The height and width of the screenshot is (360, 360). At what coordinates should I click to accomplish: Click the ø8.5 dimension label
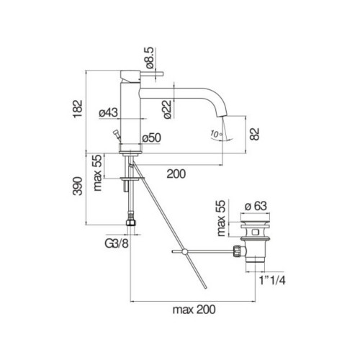point(149,58)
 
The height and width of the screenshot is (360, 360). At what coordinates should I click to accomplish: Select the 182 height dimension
point(78,109)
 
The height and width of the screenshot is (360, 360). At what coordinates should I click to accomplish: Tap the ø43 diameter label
point(109,112)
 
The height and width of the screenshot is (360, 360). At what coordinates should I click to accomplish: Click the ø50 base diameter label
point(151,138)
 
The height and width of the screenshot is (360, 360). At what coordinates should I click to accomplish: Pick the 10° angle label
point(217,134)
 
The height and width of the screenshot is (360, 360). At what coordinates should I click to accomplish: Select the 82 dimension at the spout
point(254,134)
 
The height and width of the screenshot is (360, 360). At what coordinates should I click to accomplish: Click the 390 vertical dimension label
point(78,186)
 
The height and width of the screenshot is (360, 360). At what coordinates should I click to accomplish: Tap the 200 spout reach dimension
point(176,174)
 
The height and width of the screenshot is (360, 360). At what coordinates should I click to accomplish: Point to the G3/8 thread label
point(117,244)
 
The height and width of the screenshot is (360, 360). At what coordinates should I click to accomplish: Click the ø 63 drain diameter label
point(256,206)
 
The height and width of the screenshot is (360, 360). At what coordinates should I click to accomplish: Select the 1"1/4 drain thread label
point(272,280)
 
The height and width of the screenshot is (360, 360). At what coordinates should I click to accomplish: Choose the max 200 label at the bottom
point(194,310)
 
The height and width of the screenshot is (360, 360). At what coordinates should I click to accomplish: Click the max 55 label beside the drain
point(221,218)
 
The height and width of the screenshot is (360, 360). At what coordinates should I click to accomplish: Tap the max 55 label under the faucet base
point(98,173)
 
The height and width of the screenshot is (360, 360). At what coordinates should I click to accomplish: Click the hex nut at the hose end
point(131,222)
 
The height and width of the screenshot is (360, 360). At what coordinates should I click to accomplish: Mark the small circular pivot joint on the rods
point(184,251)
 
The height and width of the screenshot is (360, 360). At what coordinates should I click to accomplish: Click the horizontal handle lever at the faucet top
point(152,73)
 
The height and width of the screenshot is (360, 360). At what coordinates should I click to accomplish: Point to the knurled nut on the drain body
point(237,251)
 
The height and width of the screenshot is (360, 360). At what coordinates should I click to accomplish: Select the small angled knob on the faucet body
point(117,133)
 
